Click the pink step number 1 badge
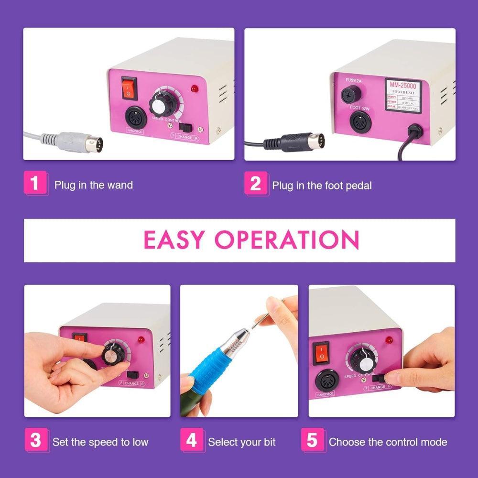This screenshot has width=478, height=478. point(35,183)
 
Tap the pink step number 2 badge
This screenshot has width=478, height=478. point(256,184)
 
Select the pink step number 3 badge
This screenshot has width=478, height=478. point(35,440)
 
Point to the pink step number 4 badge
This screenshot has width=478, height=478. point(191,440)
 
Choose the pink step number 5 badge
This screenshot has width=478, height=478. point(312,440)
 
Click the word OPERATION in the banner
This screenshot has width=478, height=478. point(286,240)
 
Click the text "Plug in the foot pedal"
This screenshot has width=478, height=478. point(322,185)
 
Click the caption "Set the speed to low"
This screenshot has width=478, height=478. point(100,442)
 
